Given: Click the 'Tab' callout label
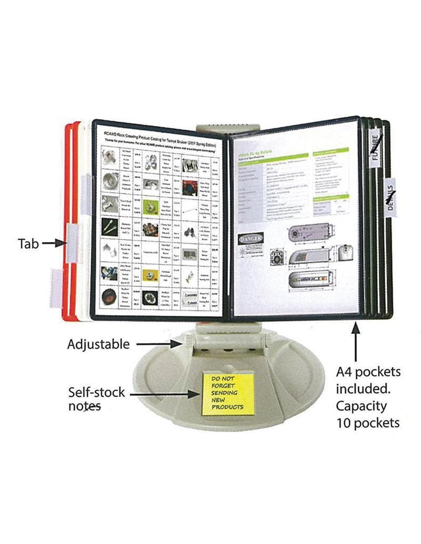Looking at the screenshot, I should (x=28, y=244).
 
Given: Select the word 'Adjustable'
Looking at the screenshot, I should (x=98, y=344).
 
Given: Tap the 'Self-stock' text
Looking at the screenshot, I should (x=96, y=392).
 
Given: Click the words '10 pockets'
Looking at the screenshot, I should (x=368, y=423).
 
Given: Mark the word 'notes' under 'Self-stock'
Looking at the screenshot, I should (x=84, y=406).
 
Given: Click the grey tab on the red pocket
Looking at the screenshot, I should (x=72, y=243).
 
